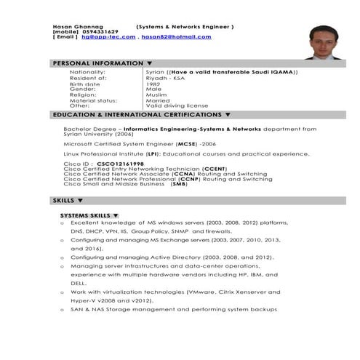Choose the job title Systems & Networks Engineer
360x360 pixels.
185,26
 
